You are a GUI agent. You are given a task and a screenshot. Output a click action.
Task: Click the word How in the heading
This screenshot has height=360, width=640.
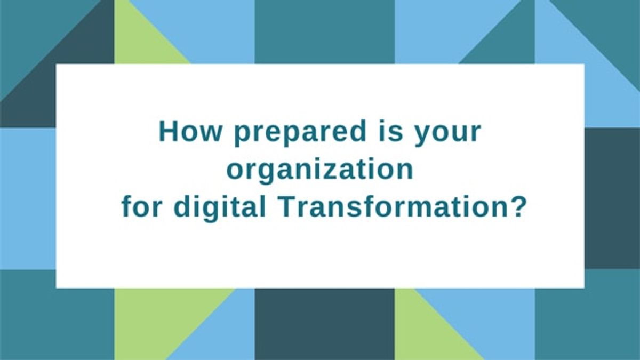point(189,132)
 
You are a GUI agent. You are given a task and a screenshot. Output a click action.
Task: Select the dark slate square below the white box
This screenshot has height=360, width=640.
point(325,324)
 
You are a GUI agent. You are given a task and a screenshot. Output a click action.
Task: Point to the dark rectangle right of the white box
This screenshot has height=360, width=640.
point(612,198)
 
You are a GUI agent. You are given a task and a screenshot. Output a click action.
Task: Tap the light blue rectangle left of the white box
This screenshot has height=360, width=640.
point(28,198)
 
